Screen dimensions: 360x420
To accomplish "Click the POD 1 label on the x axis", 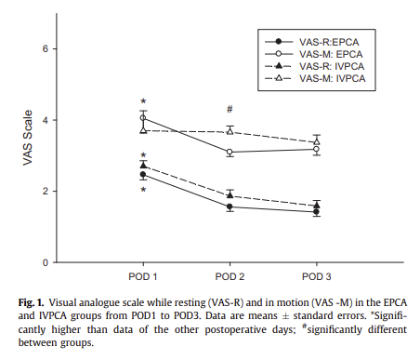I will point(143,277).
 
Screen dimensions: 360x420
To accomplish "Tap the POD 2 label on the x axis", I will point(230,277).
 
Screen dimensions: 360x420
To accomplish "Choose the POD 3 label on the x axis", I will point(317,277).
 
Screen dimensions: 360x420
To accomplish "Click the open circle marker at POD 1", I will point(143,118).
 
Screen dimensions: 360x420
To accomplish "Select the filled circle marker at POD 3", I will point(317,212).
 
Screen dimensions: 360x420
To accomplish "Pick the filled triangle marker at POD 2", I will point(230,194).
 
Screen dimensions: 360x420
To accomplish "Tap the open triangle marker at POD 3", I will point(317,141).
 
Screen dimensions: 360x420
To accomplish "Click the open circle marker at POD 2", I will point(230,152).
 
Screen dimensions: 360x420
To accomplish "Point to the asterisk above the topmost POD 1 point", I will point(143,102).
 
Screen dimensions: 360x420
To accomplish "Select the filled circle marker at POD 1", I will point(143,175).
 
